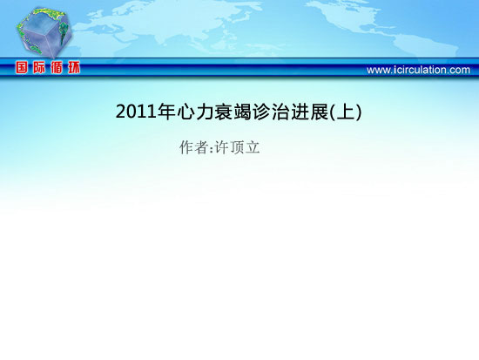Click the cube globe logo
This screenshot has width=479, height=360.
coord(44,32)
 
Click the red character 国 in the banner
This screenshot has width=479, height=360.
coord(22,67)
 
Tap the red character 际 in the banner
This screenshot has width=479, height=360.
coord(39,67)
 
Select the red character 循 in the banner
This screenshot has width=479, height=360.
coord(57,67)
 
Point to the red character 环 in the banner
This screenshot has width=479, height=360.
coord(74,67)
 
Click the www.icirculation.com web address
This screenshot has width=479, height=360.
coord(418,70)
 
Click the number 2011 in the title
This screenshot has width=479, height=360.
coord(136,112)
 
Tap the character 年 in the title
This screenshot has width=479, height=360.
coord(166,112)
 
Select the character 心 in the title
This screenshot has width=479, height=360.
coord(186,112)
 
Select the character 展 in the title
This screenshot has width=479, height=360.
coord(319,112)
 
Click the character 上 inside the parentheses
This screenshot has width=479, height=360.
coord(345,112)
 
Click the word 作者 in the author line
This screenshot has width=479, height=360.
coord(194,147)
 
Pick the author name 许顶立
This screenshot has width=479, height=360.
coord(238,147)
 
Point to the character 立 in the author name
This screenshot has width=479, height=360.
coord(253,147)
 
